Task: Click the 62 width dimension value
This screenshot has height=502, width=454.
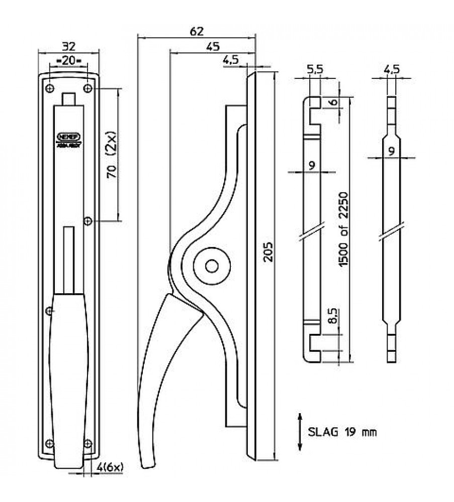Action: pos(197,31)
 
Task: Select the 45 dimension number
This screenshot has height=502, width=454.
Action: pos(213,46)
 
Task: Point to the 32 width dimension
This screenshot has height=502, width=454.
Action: pos(68,47)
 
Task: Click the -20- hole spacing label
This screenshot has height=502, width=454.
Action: pos(69,61)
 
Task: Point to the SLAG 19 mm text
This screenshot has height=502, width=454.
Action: pos(342,431)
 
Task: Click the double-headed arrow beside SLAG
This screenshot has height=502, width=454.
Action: pos(300,431)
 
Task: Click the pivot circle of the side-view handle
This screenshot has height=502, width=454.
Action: pos(212,266)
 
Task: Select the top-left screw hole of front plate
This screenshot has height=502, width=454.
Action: pos(49,88)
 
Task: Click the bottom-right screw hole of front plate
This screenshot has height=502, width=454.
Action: pos(88,443)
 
